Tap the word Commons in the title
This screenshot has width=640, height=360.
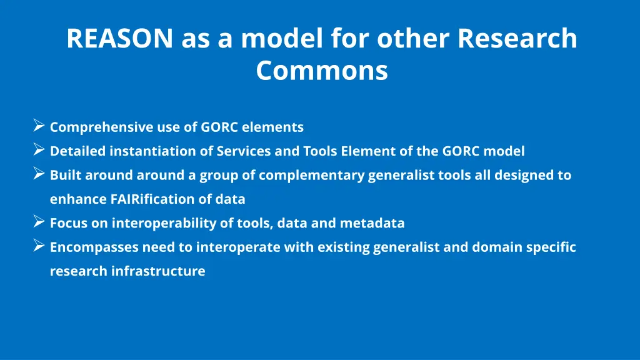pos(322,71)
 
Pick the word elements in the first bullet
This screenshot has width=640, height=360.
pos(272,127)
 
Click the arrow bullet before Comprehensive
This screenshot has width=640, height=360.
pos(38,126)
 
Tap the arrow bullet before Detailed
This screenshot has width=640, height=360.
pos(38,150)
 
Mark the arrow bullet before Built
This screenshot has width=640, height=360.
pos(38,174)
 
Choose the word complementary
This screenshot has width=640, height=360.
pos(311,176)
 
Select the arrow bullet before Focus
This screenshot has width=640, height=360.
pos(38,221)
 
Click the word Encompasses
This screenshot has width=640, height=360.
pos(94,247)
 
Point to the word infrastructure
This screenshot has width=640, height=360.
pos(158,271)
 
